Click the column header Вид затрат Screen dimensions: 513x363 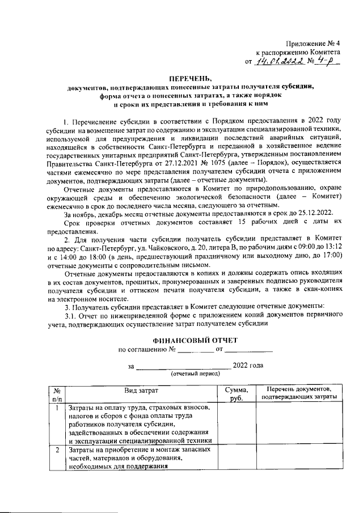(141, 391)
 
